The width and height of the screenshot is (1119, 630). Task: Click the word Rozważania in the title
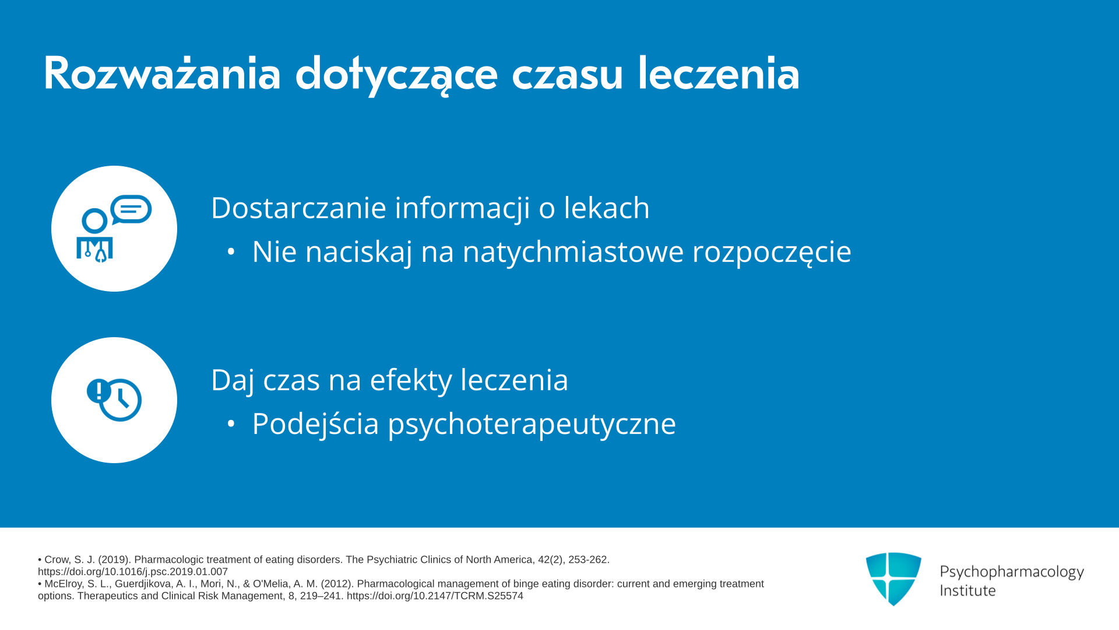162,73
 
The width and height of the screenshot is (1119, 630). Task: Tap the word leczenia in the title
719,73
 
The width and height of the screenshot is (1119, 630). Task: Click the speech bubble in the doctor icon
131,209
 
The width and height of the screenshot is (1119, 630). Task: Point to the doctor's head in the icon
94,221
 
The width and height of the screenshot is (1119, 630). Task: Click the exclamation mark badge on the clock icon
98,390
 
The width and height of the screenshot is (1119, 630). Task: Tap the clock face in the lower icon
121,400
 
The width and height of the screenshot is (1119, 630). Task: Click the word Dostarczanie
298,208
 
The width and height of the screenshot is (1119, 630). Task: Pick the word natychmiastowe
573,252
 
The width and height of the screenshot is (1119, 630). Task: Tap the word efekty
411,380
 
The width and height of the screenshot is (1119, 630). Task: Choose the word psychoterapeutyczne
532,425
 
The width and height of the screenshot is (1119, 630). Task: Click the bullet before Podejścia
231,424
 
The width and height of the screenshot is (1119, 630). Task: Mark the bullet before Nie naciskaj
231,252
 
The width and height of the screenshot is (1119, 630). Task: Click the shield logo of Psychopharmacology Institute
893,579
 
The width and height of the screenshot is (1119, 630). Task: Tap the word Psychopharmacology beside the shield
1012,572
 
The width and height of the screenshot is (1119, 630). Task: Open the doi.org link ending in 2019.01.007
133,572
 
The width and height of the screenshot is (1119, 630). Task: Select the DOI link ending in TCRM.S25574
435,596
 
